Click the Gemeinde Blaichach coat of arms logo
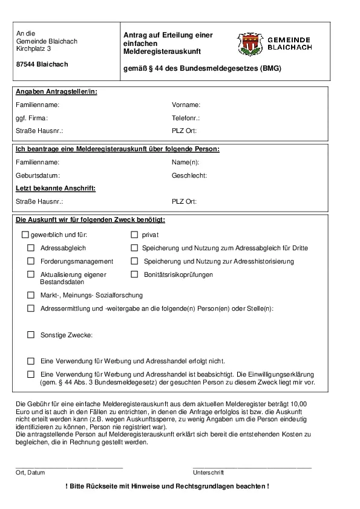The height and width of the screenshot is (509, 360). [248, 44]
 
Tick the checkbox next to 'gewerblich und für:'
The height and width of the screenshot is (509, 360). [25, 235]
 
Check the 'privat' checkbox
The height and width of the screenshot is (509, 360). [135, 235]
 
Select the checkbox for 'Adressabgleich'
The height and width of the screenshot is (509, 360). [31, 248]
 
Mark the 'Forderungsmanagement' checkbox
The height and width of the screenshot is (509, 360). [31, 261]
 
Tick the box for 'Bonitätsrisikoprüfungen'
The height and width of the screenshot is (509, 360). [135, 274]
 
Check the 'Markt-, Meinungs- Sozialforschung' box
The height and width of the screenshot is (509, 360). [31, 295]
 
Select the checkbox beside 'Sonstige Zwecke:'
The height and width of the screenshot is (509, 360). [31, 334]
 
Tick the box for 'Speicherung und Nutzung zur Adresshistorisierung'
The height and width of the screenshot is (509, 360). [135, 261]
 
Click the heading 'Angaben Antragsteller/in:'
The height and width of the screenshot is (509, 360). [56, 91]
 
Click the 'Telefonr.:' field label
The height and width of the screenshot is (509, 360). [186, 118]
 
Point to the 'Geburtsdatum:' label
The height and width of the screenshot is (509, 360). [38, 175]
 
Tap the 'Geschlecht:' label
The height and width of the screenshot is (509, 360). [189, 175]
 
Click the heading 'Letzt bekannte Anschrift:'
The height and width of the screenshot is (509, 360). [56, 188]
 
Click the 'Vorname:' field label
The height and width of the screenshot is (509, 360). [186, 105]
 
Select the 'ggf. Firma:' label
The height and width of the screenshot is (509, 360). [31, 118]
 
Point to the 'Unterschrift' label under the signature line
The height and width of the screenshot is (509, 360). [208, 472]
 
